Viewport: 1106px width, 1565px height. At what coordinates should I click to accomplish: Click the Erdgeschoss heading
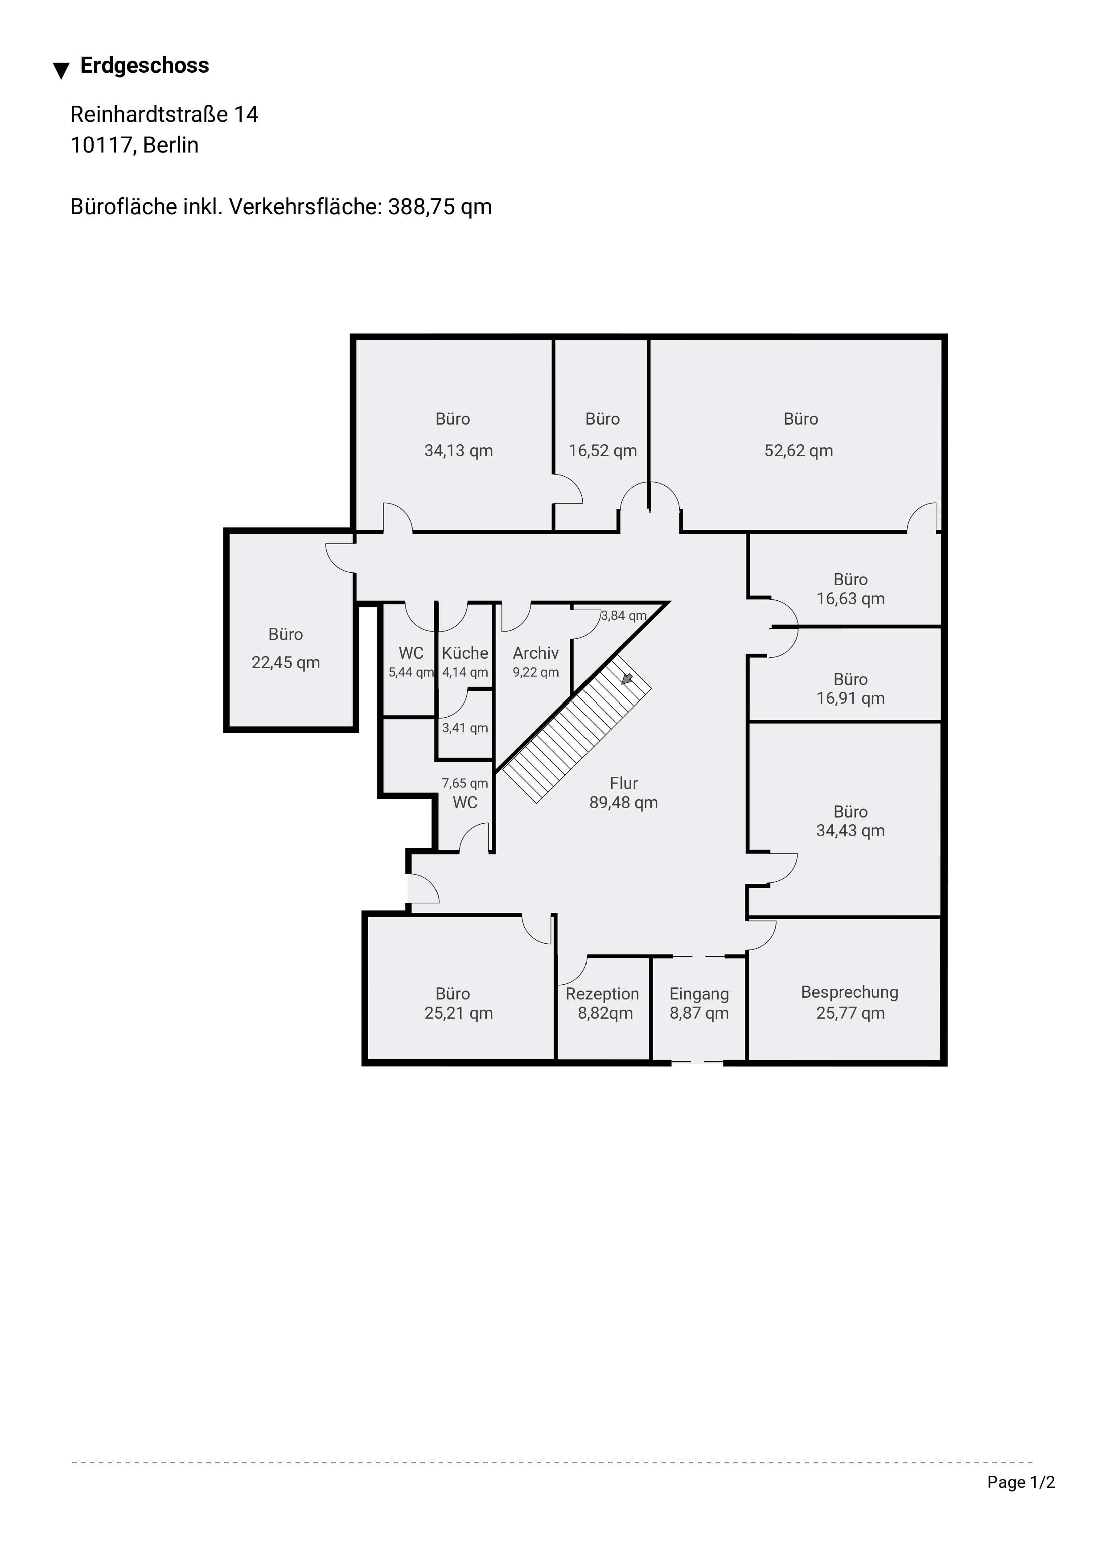tap(144, 66)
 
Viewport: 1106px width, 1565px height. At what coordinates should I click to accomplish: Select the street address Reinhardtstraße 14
tap(164, 115)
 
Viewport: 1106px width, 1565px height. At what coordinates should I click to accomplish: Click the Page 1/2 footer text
tap(1021, 1482)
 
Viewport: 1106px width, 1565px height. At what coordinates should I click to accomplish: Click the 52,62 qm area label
tap(799, 450)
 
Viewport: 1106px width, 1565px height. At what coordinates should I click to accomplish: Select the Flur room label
tap(624, 783)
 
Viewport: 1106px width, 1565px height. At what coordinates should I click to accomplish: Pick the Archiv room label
tap(536, 653)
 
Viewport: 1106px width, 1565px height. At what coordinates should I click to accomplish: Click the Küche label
tap(465, 653)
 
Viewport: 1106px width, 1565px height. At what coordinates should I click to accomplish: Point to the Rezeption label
tap(602, 994)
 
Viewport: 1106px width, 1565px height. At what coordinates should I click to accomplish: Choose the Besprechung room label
tap(850, 992)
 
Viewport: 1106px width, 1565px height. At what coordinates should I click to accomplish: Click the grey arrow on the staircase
tap(627, 679)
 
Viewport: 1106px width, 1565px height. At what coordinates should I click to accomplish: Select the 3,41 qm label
tap(465, 728)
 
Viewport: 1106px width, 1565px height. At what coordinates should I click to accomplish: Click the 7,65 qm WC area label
tap(465, 783)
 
